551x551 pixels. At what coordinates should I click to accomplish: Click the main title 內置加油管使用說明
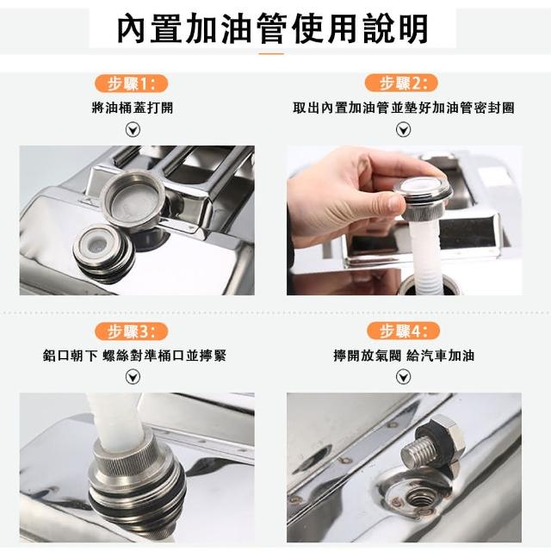pos(273,28)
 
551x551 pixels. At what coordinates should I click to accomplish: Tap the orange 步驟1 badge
pos(132,84)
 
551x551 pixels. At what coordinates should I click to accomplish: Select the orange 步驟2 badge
pos(401,84)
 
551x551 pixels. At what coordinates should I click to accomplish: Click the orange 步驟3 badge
pos(132,331)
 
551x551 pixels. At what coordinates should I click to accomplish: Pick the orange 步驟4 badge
pos(403,331)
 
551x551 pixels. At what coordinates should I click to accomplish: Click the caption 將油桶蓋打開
pos(133,108)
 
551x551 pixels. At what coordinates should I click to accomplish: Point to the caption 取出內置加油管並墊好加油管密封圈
pos(404,108)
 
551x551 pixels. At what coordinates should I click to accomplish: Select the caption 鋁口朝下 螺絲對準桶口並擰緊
pos(134,356)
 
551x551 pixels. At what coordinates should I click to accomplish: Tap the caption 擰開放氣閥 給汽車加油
pos(404,356)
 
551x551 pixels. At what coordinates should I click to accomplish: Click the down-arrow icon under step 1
pos(133,130)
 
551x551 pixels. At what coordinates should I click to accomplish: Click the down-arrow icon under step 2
pos(404,130)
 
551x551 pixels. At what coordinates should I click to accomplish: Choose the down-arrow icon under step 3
pos(133,377)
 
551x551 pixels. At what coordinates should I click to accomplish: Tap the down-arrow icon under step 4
pos(404,377)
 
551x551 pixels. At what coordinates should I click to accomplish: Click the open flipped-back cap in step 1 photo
pos(133,201)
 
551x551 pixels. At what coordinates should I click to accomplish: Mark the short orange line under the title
pos(271,53)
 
